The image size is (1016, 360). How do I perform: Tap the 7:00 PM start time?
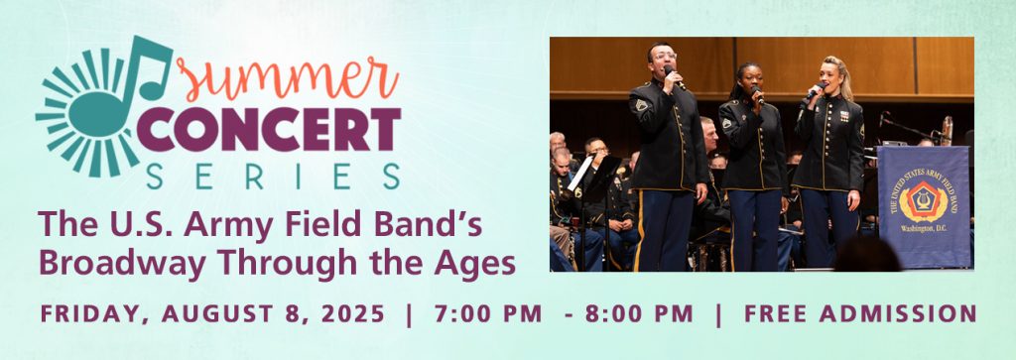[x=488, y=313]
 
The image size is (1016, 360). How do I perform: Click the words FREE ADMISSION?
[x=860, y=313]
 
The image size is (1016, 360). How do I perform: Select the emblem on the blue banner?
[x=922, y=202]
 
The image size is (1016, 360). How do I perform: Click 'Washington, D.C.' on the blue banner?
[x=923, y=243]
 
